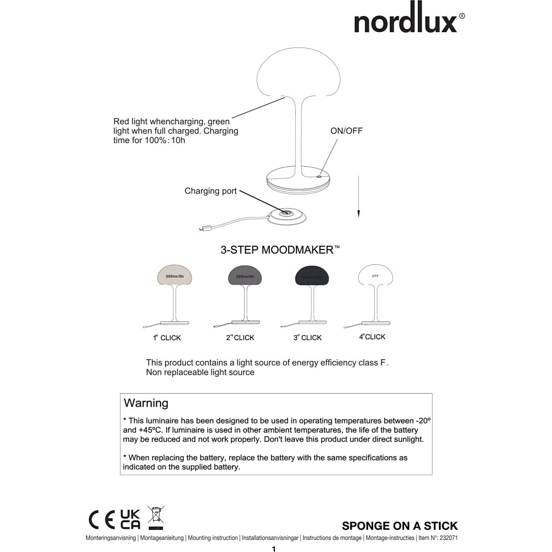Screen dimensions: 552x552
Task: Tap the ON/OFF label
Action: tap(347, 131)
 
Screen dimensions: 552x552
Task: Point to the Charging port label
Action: tap(210, 191)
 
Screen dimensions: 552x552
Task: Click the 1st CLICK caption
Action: tap(167, 337)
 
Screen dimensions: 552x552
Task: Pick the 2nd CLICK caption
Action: tap(240, 337)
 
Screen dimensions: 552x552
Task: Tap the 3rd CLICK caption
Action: tap(307, 337)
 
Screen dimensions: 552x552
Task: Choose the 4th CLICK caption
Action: tap(372, 337)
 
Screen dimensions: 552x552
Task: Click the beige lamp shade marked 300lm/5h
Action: tap(175, 274)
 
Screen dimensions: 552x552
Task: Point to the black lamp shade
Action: tap(311, 274)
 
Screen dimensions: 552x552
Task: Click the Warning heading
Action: tap(146, 403)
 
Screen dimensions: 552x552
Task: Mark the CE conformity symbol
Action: tap(102, 519)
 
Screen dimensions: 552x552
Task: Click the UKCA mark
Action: tap(130, 519)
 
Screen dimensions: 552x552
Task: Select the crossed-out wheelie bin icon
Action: tap(156, 517)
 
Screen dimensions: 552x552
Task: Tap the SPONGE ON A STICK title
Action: tap(400, 526)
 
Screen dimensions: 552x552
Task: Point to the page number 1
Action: tap(274, 549)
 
